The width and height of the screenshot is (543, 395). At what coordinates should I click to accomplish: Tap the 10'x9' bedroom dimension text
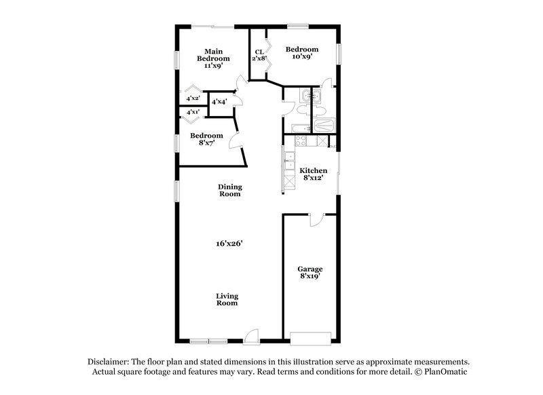coord(301,58)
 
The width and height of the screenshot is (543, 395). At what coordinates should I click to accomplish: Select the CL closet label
coord(259,52)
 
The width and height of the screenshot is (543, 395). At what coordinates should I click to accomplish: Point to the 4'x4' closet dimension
coord(219,102)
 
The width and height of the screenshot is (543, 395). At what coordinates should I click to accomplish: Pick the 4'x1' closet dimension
coord(192,112)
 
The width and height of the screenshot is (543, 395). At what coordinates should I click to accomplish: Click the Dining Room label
coord(230,190)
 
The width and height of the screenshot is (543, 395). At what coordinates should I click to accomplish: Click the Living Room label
coord(227,299)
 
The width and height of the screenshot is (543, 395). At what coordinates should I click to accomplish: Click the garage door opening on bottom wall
coord(310,337)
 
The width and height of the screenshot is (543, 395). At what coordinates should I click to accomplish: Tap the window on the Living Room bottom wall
coord(208,339)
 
